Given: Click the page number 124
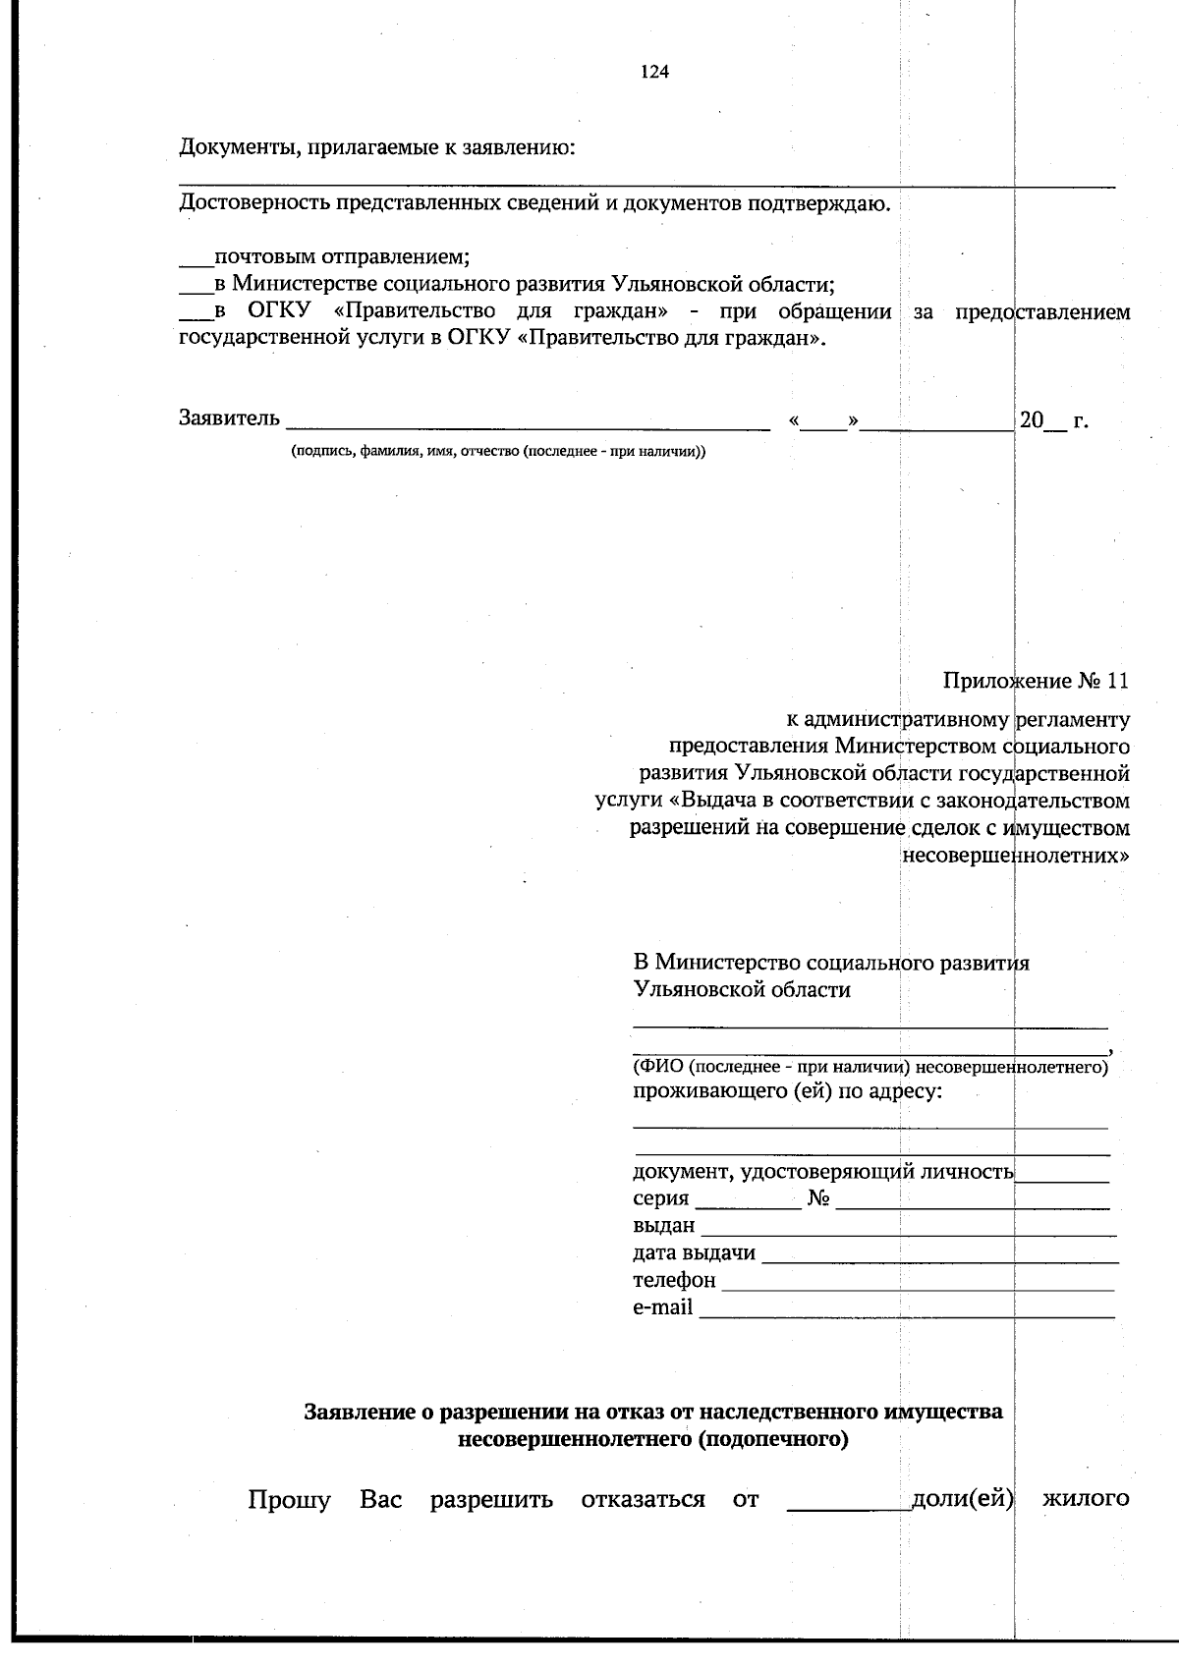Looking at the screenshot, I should coord(654,72).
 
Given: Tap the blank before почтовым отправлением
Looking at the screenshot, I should coord(196,261).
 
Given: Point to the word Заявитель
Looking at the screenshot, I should coord(229,418).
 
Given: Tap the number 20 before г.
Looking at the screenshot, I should coord(1031,419).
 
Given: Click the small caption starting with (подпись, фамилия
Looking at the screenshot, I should coord(497,452).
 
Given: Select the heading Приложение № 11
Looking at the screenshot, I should coord(1036,681).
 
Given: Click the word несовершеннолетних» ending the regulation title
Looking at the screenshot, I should coord(1015,854).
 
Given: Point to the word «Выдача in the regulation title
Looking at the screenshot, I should coord(693,800).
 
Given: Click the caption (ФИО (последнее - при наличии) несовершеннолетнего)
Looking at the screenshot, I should coord(870,1067).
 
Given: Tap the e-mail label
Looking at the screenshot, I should coord(662,1307).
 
